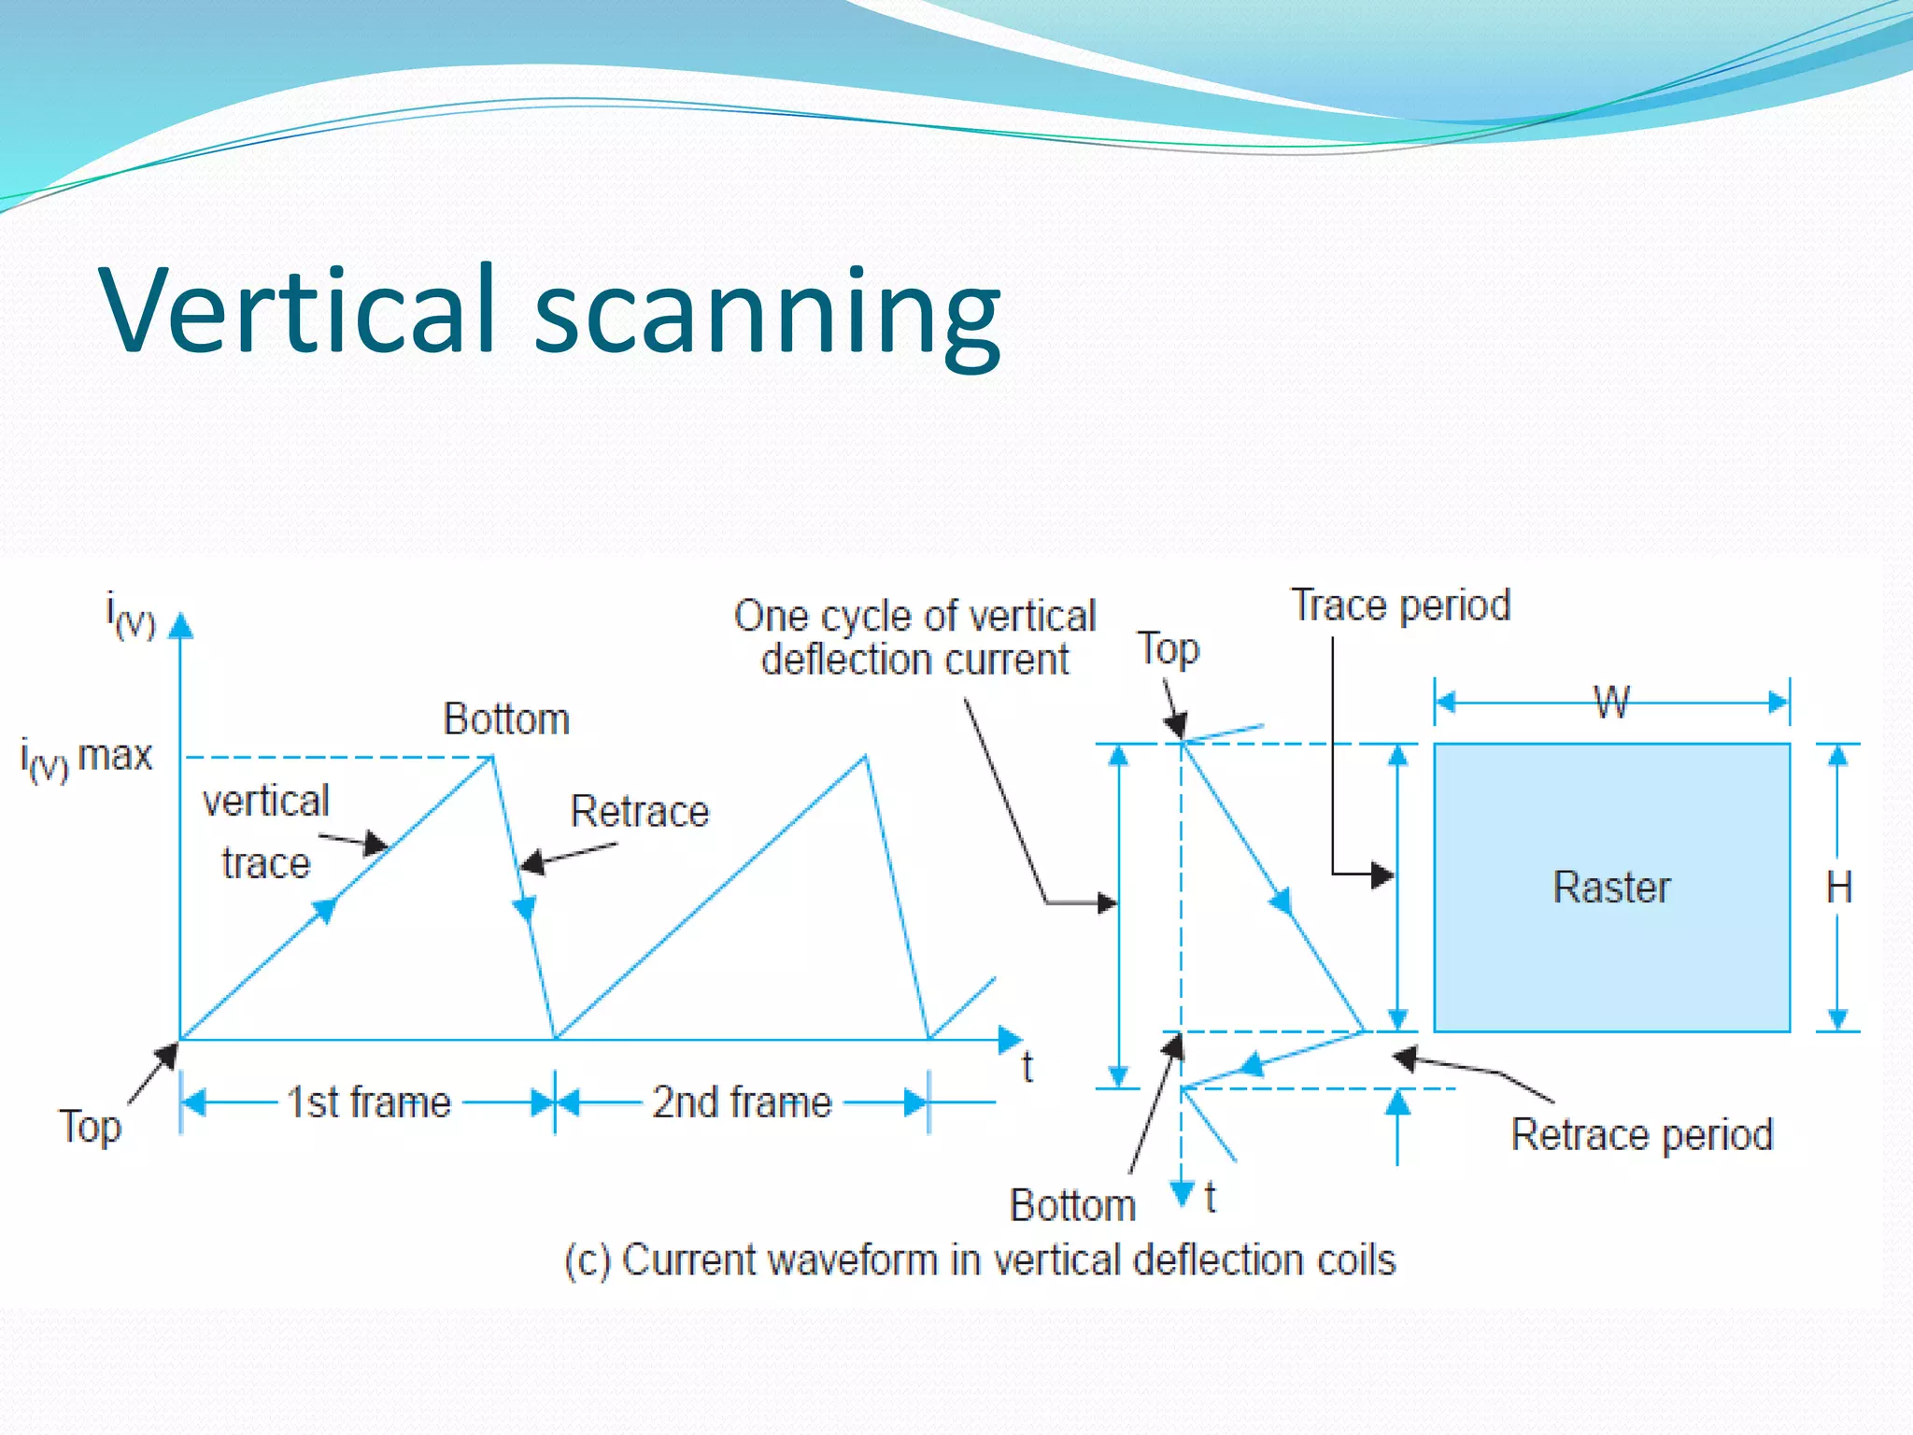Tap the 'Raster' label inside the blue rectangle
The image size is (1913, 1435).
pos(1611,887)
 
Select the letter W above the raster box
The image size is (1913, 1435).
pos(1611,703)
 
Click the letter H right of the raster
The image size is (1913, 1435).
pos(1838,887)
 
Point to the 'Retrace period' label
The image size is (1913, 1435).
pos(1641,1135)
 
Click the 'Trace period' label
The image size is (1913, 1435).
pos(1400,605)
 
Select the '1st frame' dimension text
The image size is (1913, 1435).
pos(369,1102)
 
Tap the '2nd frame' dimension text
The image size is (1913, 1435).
pos(742,1102)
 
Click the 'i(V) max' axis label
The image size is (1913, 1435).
pos(86,757)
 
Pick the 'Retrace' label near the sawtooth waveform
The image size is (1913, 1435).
pos(640,811)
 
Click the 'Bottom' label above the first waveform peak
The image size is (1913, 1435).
pos(506,719)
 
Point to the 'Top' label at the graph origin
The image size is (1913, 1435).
pos(90,1127)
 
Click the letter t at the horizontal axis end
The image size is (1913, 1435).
pos(1027,1067)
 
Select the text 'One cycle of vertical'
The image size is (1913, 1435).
pos(914,616)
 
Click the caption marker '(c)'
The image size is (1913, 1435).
pos(588,1259)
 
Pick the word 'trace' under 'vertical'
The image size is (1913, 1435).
pos(266,863)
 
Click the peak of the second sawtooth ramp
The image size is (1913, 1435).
pos(866,757)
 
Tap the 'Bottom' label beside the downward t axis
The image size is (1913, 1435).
pos(1072,1205)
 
